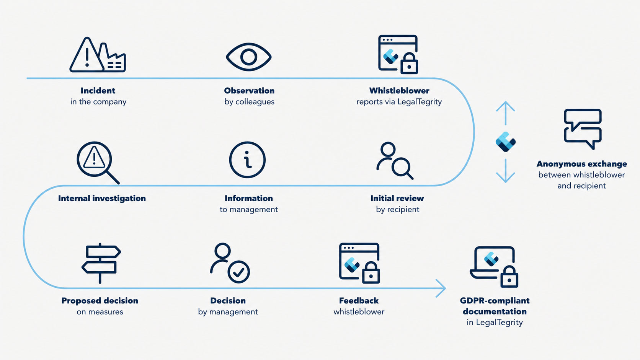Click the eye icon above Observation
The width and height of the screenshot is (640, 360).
point(248,57)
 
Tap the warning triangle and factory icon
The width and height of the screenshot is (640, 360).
point(98,55)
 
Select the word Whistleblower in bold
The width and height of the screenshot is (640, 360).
point(399,91)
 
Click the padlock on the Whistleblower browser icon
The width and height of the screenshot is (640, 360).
point(409,64)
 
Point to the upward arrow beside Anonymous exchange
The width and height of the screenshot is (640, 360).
point(505,113)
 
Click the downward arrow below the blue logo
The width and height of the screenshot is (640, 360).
point(505,171)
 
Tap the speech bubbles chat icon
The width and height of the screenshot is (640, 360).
point(583,129)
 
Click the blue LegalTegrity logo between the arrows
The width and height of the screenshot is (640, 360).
point(505,142)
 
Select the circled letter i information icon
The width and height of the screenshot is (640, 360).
point(247,160)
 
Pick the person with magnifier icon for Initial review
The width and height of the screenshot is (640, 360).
point(395,161)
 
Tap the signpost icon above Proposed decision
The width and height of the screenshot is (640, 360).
point(101,263)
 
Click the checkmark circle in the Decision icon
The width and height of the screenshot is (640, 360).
point(238,272)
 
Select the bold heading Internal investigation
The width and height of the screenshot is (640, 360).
point(102,199)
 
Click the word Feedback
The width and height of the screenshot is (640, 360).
point(359,301)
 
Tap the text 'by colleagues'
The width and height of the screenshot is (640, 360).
point(250,102)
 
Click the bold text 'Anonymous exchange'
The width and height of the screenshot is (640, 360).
point(582,164)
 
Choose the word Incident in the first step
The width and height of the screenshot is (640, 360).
point(98,91)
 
